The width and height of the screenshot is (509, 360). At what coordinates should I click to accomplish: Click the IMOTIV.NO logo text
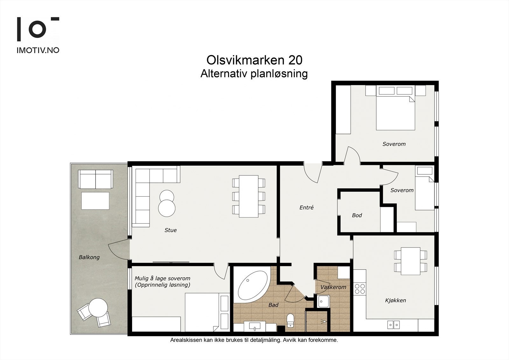38,50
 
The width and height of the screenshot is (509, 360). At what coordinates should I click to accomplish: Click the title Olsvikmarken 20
254,60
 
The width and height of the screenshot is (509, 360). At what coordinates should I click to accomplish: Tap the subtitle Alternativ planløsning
254,74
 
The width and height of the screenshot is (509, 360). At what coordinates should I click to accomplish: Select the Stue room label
171,230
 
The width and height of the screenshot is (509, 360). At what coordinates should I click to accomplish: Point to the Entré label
306,208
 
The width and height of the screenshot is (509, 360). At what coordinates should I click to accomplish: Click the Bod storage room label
357,215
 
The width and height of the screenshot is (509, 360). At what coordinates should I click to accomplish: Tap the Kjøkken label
395,300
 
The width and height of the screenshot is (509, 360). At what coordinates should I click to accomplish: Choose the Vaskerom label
333,287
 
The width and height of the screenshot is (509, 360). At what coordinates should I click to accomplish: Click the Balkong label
89,257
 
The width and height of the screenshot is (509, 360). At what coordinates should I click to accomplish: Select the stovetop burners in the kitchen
360,289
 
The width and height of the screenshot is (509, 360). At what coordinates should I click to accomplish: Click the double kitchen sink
394,325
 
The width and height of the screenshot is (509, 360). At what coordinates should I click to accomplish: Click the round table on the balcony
98,307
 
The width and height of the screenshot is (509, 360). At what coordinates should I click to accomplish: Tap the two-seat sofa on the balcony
95,179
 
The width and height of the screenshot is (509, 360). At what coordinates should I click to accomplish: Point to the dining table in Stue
248,196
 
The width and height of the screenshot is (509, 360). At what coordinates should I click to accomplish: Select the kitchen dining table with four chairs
410,261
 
